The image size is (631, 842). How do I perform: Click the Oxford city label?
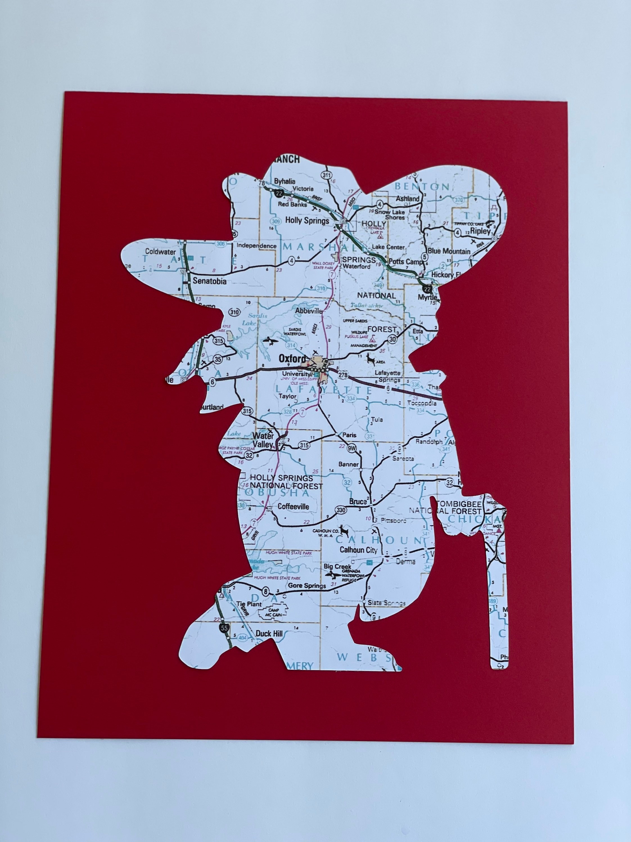click(x=292, y=359)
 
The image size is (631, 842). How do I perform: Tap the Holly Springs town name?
click(x=307, y=220)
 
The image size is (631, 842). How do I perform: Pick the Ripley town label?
click(x=481, y=231)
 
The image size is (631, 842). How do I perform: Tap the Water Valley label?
click(x=263, y=440)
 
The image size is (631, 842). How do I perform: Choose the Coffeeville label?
click(x=293, y=506)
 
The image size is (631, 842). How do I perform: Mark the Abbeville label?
click(x=309, y=311)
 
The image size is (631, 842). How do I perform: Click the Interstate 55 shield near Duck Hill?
click(x=224, y=628)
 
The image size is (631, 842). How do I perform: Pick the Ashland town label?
click(x=408, y=198)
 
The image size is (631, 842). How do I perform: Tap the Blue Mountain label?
click(x=449, y=251)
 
